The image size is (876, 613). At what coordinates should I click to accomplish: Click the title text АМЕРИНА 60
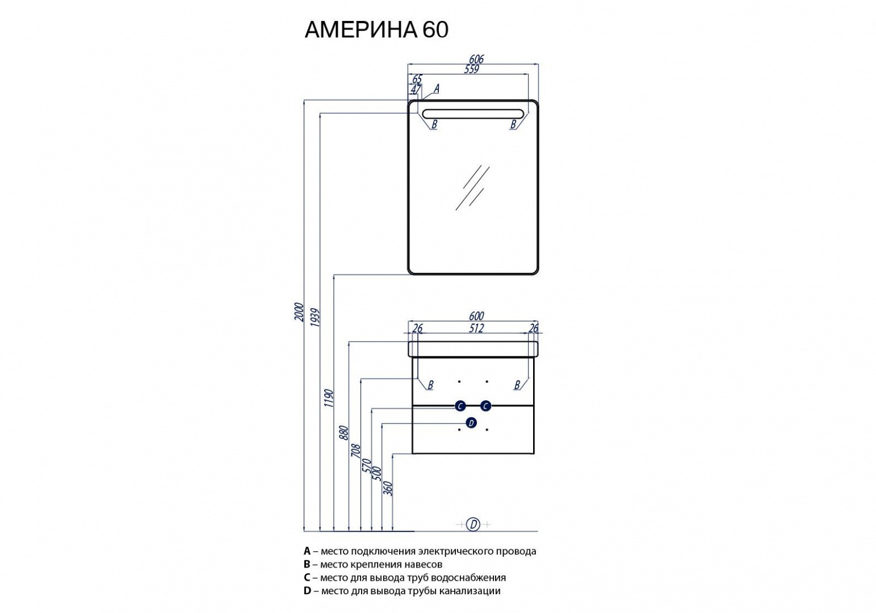(376, 30)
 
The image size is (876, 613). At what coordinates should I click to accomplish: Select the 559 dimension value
(472, 69)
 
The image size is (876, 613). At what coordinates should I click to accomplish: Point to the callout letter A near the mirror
(436, 89)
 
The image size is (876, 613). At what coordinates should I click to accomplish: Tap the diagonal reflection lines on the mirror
(472, 187)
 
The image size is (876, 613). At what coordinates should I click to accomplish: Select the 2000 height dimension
(299, 312)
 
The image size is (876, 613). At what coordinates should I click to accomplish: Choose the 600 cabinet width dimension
(476, 316)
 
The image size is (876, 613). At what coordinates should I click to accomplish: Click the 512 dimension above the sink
(476, 328)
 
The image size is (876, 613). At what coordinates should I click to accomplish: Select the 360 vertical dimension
(389, 488)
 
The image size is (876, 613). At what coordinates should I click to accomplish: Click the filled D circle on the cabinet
(471, 423)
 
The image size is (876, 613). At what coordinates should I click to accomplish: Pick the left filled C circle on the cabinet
(460, 406)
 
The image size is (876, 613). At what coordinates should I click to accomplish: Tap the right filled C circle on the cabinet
(485, 406)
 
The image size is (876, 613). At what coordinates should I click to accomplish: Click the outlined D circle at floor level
(473, 524)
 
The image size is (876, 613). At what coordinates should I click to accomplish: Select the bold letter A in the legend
(307, 551)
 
